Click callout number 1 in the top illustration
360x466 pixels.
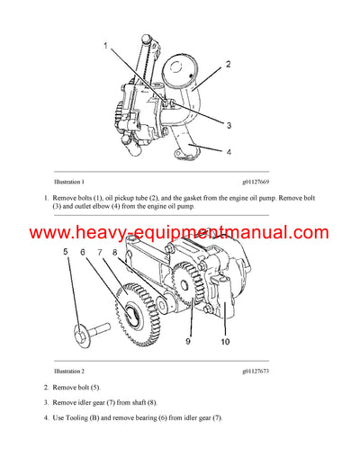(105, 45)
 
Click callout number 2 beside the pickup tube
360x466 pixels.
(229, 65)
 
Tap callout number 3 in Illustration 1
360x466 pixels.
(229, 125)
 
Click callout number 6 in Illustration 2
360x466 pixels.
(85, 254)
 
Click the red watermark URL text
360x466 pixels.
(180, 233)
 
